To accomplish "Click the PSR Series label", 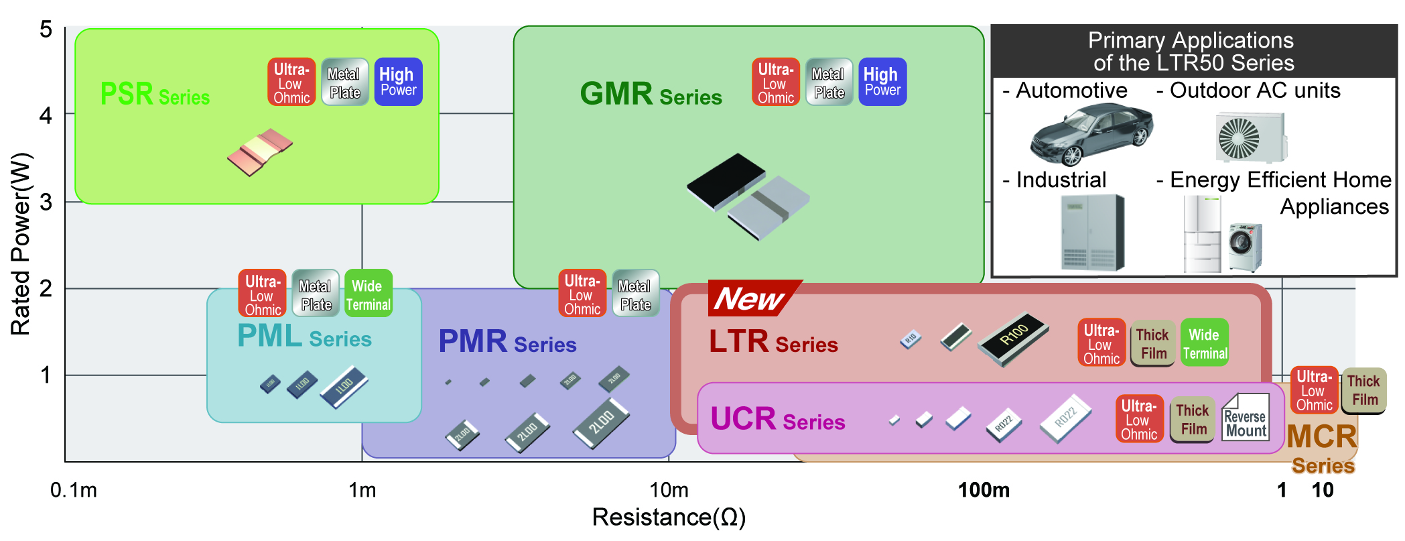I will pos(155,95).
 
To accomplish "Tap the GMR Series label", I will pos(650,95).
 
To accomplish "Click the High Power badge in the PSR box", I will pos(398,82).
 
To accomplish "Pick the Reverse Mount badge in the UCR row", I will pos(1246,418).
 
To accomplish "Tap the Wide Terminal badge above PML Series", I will pos(368,294).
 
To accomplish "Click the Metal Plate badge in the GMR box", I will pos(828,82).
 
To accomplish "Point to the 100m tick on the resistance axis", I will pos(984,490).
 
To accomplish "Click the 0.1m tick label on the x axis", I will pos(74,490).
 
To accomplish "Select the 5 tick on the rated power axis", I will pos(46,29).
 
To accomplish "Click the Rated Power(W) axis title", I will pos(21,244).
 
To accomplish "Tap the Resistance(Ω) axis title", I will pos(669,518).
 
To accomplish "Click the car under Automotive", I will pos(1090,134).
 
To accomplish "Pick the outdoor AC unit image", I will pos(1251,137).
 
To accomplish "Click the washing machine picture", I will pos(1246,247).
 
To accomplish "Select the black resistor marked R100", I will pos(1013,338).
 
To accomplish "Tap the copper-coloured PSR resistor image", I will pos(260,152).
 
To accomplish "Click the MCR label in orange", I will pos(1321,437).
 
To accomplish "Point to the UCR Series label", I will pos(777,420).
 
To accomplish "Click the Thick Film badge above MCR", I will pos(1363,390).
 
